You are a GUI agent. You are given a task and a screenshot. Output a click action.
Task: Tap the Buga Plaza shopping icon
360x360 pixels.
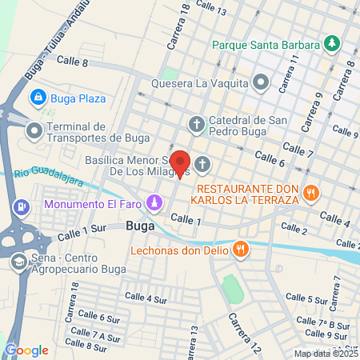pyautogui.click(x=37, y=98)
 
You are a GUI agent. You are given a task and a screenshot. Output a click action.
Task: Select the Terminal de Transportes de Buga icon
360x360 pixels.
pyautogui.click(x=34, y=129)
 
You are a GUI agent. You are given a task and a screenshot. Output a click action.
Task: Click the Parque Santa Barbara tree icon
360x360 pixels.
pyautogui.click(x=331, y=43)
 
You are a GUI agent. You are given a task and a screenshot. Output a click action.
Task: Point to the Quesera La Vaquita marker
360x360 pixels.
pyautogui.click(x=260, y=82)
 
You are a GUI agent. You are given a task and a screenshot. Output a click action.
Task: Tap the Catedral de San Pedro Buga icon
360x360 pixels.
pyautogui.click(x=197, y=123)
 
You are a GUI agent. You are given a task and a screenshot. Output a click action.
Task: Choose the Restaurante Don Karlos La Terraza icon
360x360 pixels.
pyautogui.click(x=312, y=192)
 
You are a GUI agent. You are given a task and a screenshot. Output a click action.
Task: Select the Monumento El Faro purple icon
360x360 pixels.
pyautogui.click(x=152, y=205)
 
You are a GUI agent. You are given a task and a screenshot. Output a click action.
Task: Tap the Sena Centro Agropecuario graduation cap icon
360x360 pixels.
pyautogui.click(x=18, y=262)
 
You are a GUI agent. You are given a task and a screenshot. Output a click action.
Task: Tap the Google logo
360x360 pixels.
pyautogui.click(x=26, y=350)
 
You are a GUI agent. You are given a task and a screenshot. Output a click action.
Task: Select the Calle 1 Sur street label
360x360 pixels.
pyautogui.click(x=82, y=233)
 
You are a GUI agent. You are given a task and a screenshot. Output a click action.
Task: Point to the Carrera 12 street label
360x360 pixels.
pyautogui.click(x=244, y=333)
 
